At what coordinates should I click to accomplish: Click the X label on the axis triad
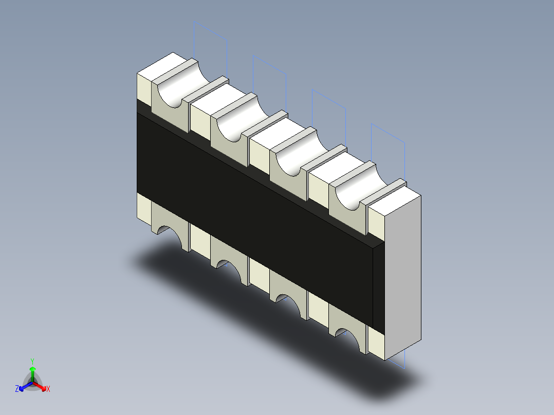tap(48, 389)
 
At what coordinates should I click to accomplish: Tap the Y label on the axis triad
tap(32, 361)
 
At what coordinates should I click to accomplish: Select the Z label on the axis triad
tap(17, 389)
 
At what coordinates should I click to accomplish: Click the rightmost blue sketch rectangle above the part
tap(388, 146)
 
